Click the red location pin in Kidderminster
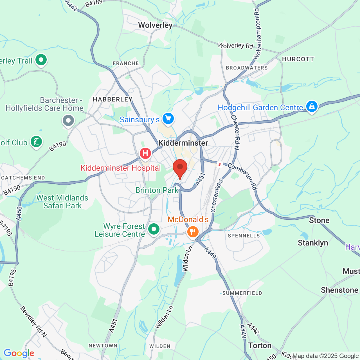(180, 168)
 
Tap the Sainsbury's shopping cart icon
(168, 119)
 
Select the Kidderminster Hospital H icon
(145, 153)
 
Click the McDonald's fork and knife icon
(193, 232)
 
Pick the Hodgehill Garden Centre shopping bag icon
(312, 107)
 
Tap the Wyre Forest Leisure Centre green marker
(154, 229)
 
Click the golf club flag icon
(36, 141)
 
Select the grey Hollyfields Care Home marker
(68, 121)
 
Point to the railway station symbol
(219, 164)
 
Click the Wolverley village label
(155, 25)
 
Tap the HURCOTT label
(298, 59)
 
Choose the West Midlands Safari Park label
(62, 202)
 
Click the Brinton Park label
(157, 190)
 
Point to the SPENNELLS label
(244, 236)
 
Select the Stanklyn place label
(313, 243)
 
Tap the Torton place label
(260, 345)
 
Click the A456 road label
(19, 214)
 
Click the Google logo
(19, 353)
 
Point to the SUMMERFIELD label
(242, 293)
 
